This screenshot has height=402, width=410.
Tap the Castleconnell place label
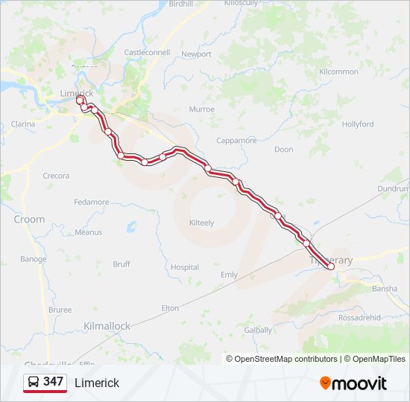pyautogui.click(x=147, y=53)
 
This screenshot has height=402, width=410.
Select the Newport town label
pyautogui.click(x=197, y=54)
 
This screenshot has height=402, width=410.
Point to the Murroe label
pyautogui.click(x=202, y=109)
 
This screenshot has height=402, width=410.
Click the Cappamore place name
pyautogui.click(x=236, y=141)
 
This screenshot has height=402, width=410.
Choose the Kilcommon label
pyautogui.click(x=338, y=71)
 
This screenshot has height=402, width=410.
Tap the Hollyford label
pyautogui.click(x=358, y=124)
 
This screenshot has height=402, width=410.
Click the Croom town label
pyautogui.click(x=29, y=220)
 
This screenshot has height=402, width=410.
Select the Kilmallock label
pyautogui.click(x=107, y=326)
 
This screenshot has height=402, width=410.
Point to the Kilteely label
pyautogui.click(x=201, y=223)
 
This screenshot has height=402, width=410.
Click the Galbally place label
pyautogui.click(x=258, y=330)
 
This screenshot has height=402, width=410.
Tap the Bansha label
pyautogui.click(x=384, y=289)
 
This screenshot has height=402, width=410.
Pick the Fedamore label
pyautogui.click(x=92, y=202)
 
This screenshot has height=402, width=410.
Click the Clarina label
pyautogui.click(x=23, y=124)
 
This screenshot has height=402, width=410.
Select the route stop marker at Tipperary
pyautogui.click(x=331, y=267)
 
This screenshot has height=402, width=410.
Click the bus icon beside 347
pyautogui.click(x=34, y=382)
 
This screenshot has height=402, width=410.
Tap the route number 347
pyautogui.click(x=54, y=382)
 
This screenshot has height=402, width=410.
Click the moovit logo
pyautogui.click(x=353, y=383)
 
